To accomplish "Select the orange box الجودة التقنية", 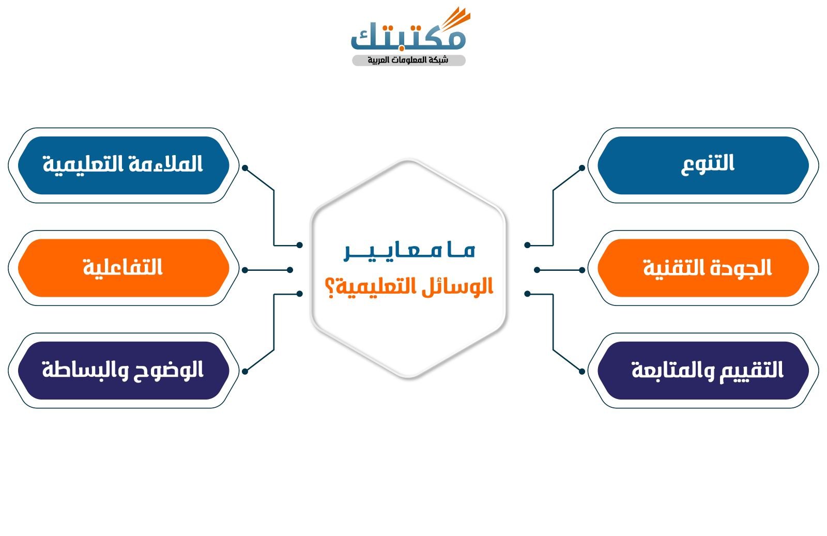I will [x=703, y=268].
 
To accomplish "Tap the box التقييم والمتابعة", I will [x=703, y=370].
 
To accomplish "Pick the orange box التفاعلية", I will [x=123, y=268].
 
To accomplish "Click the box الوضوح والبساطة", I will [x=123, y=370].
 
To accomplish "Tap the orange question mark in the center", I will [x=330, y=286].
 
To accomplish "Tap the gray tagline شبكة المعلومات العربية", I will [x=408, y=60].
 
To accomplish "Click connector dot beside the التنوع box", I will [x=582, y=168].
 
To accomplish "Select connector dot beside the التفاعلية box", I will [x=245, y=270].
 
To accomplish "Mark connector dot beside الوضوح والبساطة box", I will [x=245, y=371].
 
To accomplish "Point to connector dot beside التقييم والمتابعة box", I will [x=582, y=371].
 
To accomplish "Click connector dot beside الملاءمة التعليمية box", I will [x=245, y=168].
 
